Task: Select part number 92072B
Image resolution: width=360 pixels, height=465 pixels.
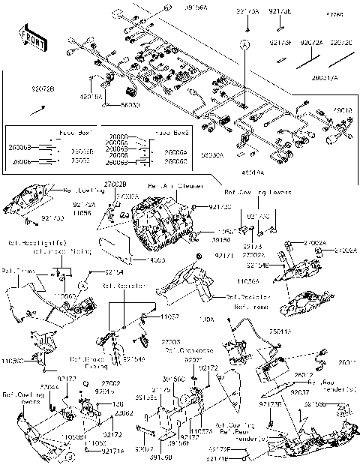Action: [x=22, y=88]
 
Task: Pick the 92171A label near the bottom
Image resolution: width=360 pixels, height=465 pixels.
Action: [x=114, y=451]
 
